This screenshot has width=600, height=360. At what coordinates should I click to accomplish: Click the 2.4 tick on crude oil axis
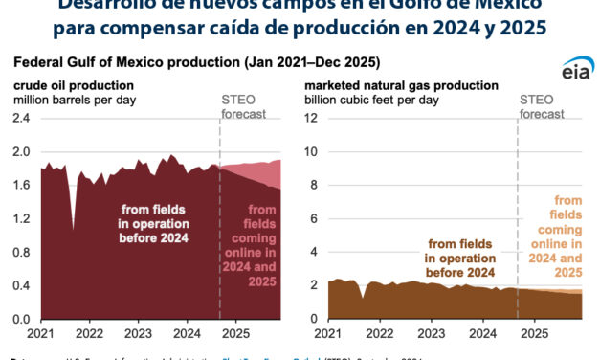[21, 118]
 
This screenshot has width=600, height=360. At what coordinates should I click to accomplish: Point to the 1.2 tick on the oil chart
[21, 218]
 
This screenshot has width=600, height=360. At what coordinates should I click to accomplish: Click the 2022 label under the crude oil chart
[89, 334]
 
